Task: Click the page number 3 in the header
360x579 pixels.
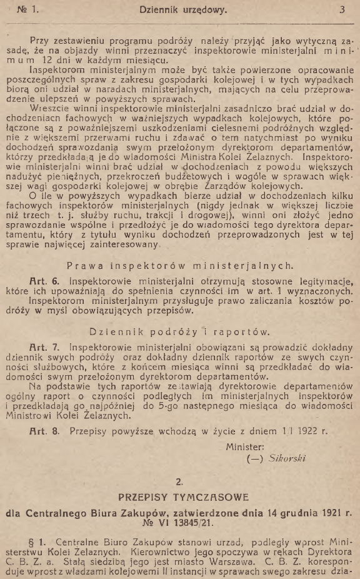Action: pos(342,10)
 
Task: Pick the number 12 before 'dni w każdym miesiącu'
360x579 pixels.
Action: pos(44,61)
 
